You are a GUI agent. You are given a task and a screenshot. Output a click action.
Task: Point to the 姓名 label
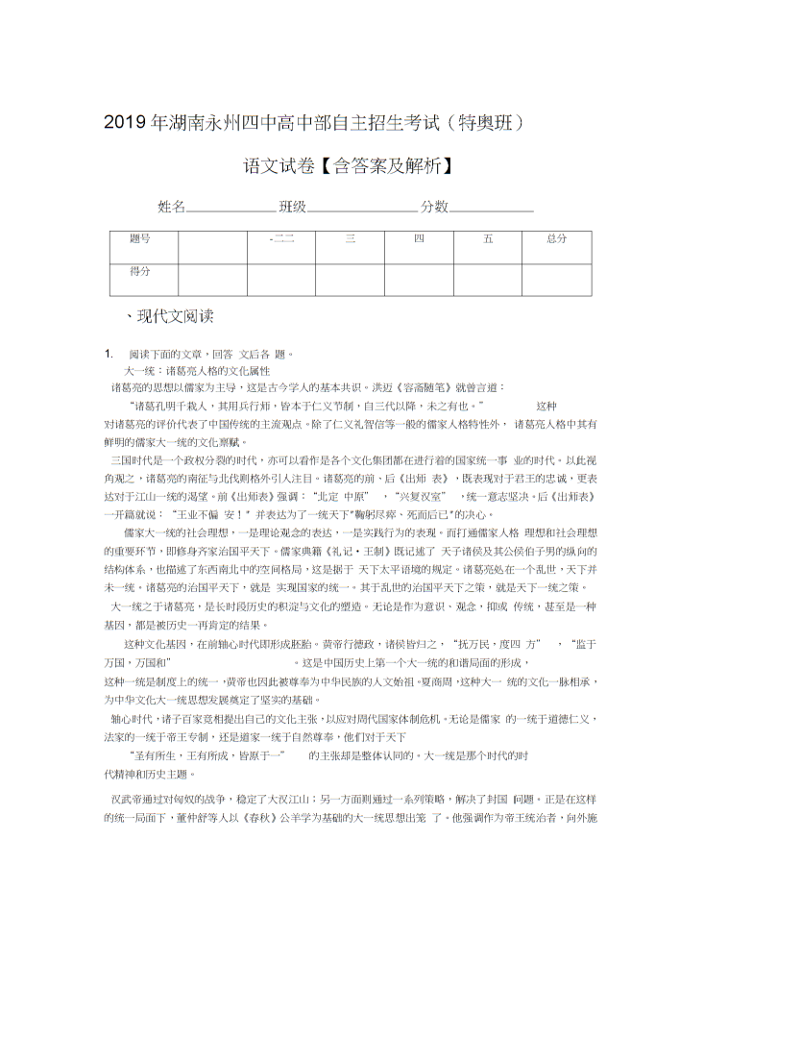(171, 207)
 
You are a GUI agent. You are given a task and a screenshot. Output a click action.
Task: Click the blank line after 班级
(362, 208)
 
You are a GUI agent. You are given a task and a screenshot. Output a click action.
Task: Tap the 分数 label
(435, 207)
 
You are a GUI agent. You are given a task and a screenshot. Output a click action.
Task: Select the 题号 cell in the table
(140, 238)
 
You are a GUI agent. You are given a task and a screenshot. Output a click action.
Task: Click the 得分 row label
(140, 271)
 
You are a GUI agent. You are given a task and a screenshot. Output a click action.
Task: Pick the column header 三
(350, 238)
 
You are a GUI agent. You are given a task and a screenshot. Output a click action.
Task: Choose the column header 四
(419, 238)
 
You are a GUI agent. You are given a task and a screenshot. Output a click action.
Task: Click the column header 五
(488, 238)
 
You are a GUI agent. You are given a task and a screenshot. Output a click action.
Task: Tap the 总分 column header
(556, 238)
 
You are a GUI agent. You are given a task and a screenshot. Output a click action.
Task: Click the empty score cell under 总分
(556, 279)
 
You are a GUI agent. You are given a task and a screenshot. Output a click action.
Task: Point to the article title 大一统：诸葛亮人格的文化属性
(197, 370)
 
